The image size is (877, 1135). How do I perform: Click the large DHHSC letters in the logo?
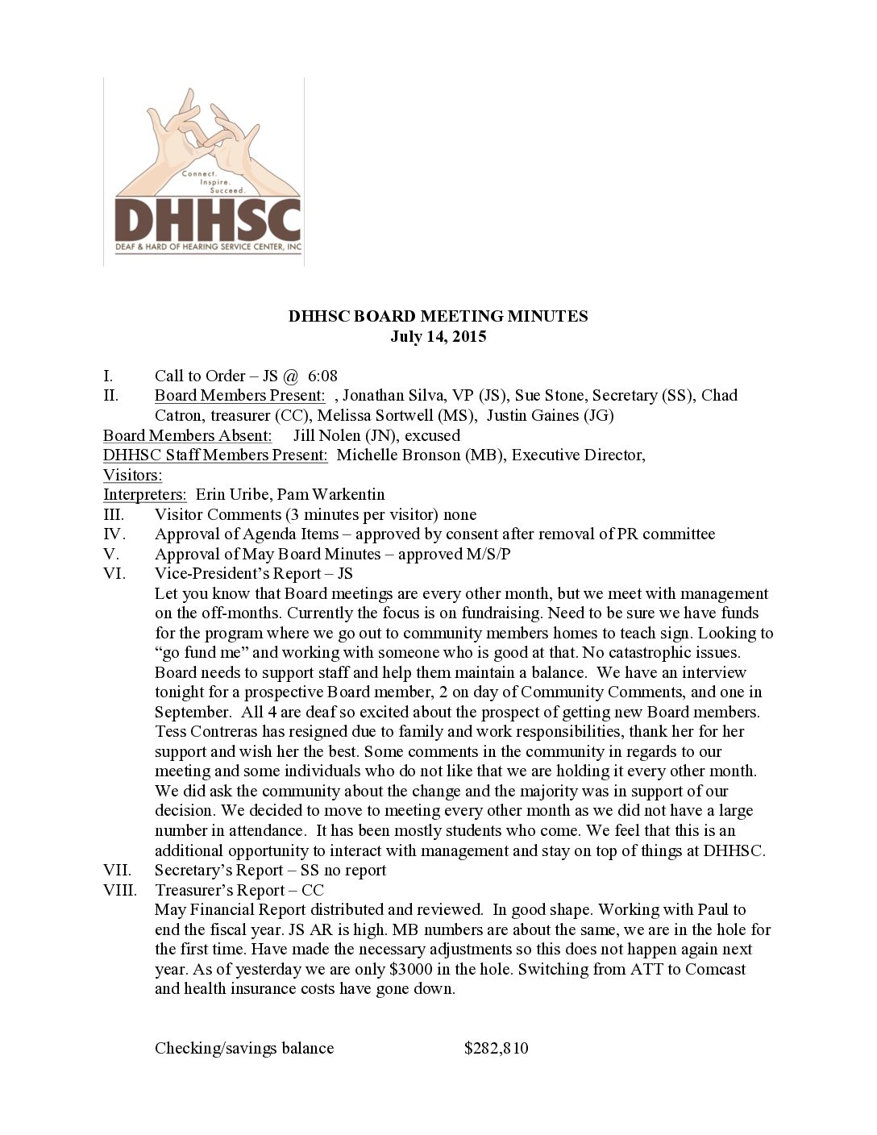(x=207, y=215)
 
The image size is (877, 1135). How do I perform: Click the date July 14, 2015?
(x=438, y=336)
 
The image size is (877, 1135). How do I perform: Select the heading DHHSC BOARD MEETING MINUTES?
(x=438, y=316)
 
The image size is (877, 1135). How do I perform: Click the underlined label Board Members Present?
(x=240, y=395)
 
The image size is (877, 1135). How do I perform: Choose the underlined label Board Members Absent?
(x=187, y=435)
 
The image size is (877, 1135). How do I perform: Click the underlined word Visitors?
(x=132, y=475)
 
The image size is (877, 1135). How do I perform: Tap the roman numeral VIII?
(x=120, y=890)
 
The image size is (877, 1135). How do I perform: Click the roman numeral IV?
(x=114, y=534)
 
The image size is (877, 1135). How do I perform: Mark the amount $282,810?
(x=497, y=1048)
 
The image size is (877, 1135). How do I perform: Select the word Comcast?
(x=715, y=969)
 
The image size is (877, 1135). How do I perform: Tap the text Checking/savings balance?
(x=244, y=1048)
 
